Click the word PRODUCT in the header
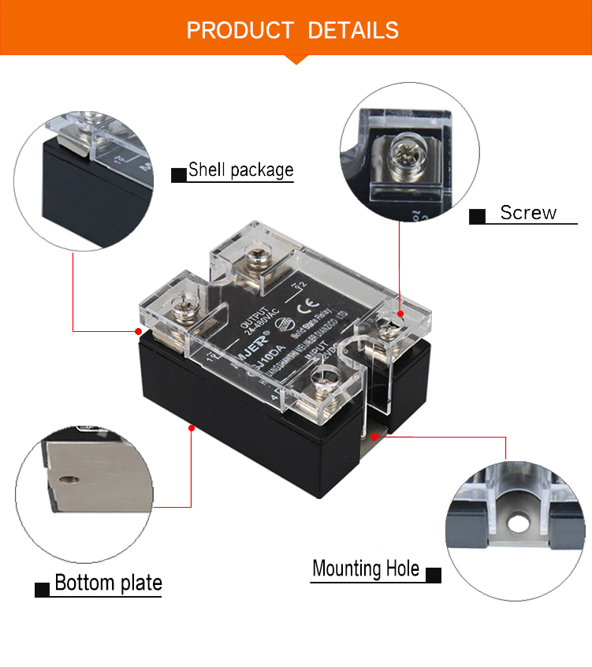(240, 31)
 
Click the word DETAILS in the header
(353, 31)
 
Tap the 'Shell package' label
(240, 170)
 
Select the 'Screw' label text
(528, 213)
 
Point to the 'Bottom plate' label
(108, 583)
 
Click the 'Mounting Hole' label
(366, 569)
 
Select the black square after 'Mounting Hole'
(434, 574)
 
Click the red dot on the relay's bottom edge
(191, 427)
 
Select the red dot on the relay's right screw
(401, 314)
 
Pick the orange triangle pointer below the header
(296, 58)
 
